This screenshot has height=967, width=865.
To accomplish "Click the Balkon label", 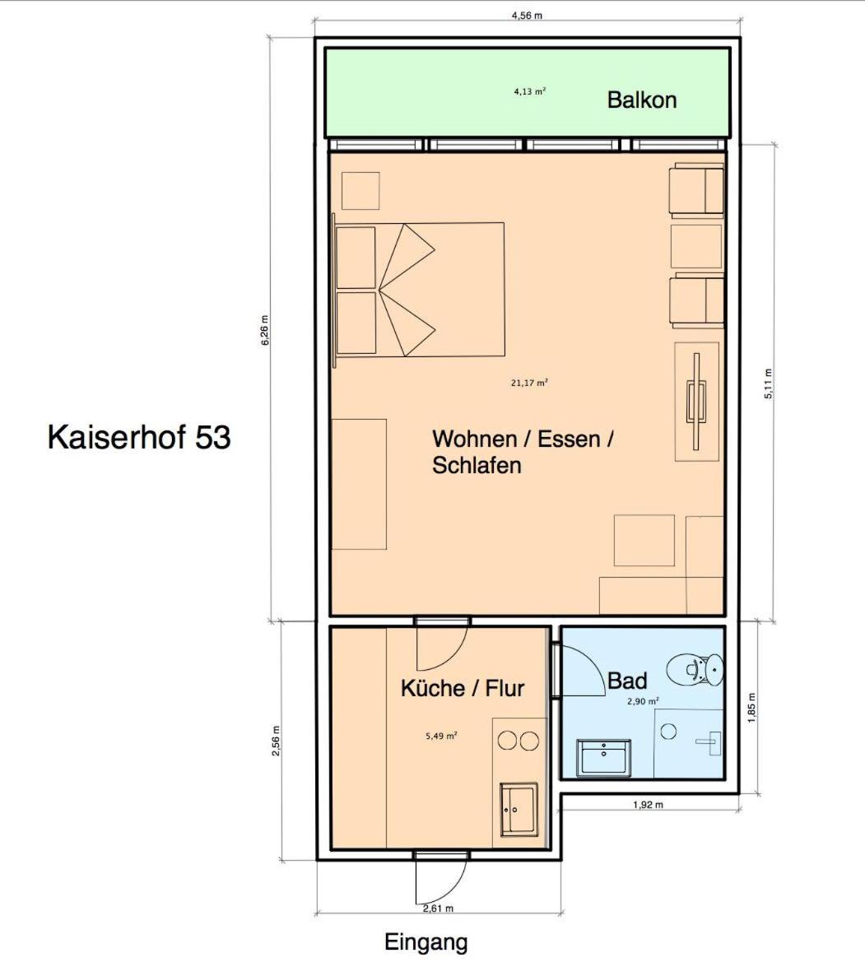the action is tap(642, 100).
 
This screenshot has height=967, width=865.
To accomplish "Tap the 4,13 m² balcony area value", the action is tap(529, 92).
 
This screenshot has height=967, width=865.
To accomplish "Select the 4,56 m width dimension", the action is tap(527, 16).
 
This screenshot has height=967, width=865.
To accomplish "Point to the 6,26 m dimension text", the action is tap(265, 331).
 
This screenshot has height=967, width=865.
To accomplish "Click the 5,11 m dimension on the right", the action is tap(768, 384).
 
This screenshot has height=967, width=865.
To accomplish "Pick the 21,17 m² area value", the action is tap(529, 383).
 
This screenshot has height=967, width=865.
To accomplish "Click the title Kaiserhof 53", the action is tap(139, 437).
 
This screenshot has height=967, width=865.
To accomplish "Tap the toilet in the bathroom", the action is tap(695, 669).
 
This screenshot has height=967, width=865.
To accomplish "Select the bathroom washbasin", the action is tap(603, 757).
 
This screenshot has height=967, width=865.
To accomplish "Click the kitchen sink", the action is tap(519, 809).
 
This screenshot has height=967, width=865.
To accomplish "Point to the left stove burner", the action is tap(508, 741).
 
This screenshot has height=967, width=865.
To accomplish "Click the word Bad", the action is tap(627, 681).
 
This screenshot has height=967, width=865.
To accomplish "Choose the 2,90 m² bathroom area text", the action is tap(643, 701).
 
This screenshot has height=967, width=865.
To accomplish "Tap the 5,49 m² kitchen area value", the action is tap(441, 736).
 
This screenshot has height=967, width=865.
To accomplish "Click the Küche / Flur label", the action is tap(463, 688).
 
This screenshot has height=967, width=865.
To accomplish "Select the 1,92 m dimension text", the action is tap(648, 805).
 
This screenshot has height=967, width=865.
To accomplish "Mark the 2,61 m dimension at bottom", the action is tap(438, 909).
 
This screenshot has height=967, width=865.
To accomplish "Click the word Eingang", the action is tap(426, 943).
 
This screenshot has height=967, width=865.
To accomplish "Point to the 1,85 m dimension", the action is tap(751, 708).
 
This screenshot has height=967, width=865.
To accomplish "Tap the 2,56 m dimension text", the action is tap(277, 741).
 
